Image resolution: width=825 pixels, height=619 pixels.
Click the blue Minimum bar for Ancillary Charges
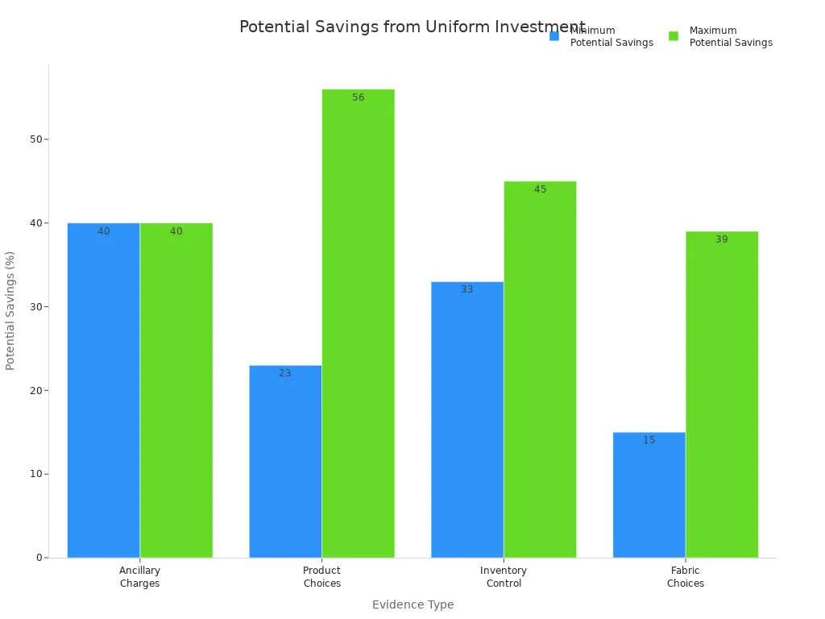[x=103, y=390]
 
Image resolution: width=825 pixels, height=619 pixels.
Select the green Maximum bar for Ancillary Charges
[x=176, y=390]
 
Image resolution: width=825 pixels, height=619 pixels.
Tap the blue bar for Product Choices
[x=285, y=461]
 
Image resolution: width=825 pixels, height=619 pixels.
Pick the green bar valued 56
[x=358, y=323]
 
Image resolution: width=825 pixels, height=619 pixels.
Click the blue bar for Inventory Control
[x=467, y=419]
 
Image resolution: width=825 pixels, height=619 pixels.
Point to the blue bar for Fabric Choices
[x=649, y=495]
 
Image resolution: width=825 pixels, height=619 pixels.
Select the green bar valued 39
[x=722, y=394]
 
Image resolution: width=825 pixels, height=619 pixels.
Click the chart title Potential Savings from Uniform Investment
[x=412, y=27]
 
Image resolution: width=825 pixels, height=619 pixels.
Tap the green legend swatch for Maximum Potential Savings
[x=674, y=36]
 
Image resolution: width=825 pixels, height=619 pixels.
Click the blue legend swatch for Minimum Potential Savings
[x=554, y=36]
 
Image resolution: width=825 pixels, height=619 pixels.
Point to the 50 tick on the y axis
[x=36, y=139]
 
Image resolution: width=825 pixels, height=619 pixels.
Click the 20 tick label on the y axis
[x=36, y=390]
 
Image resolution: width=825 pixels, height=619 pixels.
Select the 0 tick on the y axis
[x=39, y=558]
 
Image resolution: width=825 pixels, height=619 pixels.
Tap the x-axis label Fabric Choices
[x=686, y=577]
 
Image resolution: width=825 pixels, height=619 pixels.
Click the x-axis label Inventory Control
[x=504, y=577]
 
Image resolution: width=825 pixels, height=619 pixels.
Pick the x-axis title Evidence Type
[x=412, y=604]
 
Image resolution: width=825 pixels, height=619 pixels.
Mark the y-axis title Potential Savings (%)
[x=10, y=310]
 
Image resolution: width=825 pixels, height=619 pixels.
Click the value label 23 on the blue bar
[x=285, y=373]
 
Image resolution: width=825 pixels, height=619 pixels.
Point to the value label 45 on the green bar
[x=540, y=189]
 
